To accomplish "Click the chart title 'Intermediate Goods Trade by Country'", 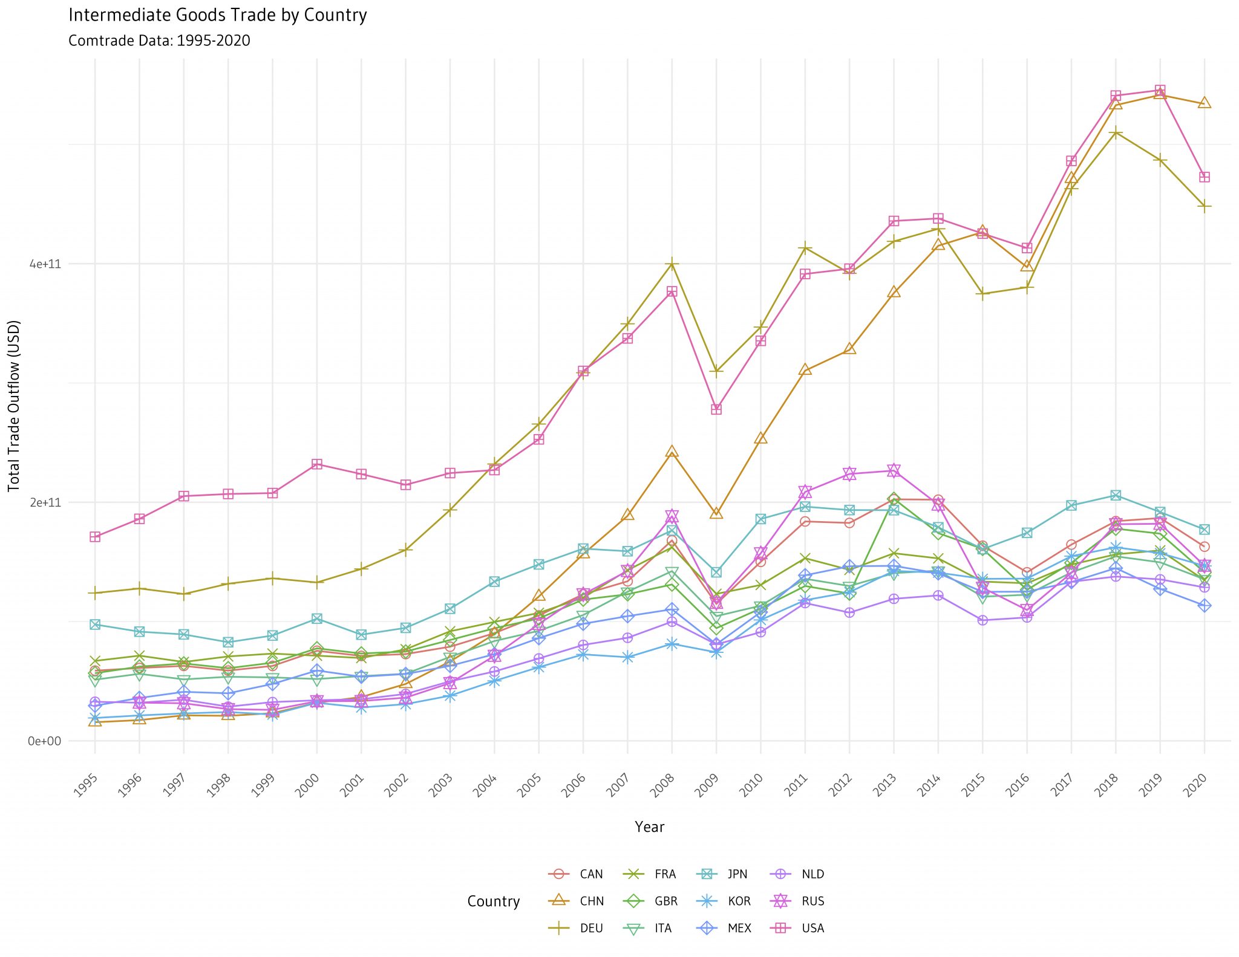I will tap(218, 15).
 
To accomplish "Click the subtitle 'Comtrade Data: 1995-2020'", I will tap(159, 41).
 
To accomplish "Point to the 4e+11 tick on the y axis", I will tap(45, 264).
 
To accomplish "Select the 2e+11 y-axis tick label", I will tap(45, 503).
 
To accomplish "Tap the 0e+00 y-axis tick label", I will tap(45, 741).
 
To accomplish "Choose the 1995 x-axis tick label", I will tap(87, 787).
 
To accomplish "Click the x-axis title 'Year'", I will tap(650, 827).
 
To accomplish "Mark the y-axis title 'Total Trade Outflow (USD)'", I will tap(14, 406).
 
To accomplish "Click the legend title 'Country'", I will tap(494, 901).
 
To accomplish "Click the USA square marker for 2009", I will tap(716, 410).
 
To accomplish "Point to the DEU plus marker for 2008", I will tap(672, 264).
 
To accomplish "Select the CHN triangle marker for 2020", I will tap(1205, 103).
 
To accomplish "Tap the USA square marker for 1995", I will tap(95, 537).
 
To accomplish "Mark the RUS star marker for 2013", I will tap(894, 470).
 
